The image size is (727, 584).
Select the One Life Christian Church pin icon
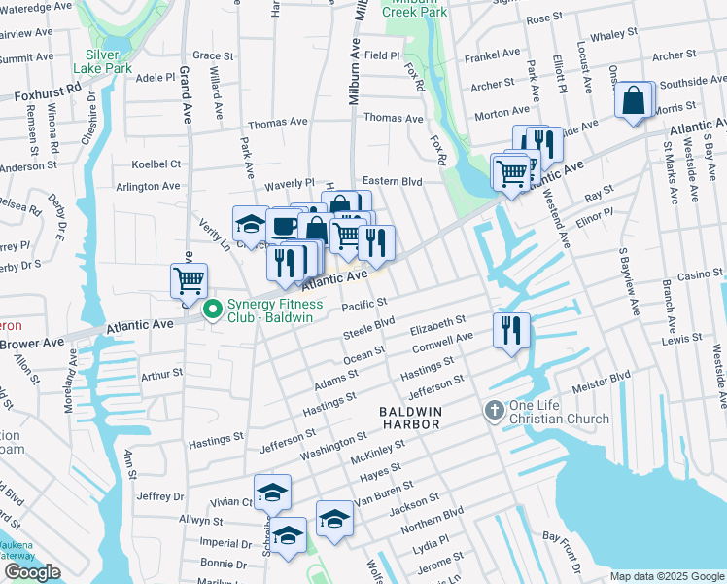tap(494, 411)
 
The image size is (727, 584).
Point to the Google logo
tap(32, 572)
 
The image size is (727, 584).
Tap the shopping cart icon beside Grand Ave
tap(189, 280)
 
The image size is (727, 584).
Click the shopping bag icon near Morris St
tap(633, 100)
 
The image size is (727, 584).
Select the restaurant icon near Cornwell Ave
tap(510, 331)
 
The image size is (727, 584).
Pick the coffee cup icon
tap(284, 226)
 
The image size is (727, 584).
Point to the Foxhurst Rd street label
tap(48, 92)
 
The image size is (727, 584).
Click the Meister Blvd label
tap(606, 375)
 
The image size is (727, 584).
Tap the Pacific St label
tap(364, 306)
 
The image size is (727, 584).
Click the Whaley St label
tap(612, 35)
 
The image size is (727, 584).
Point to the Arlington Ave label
tap(148, 186)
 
